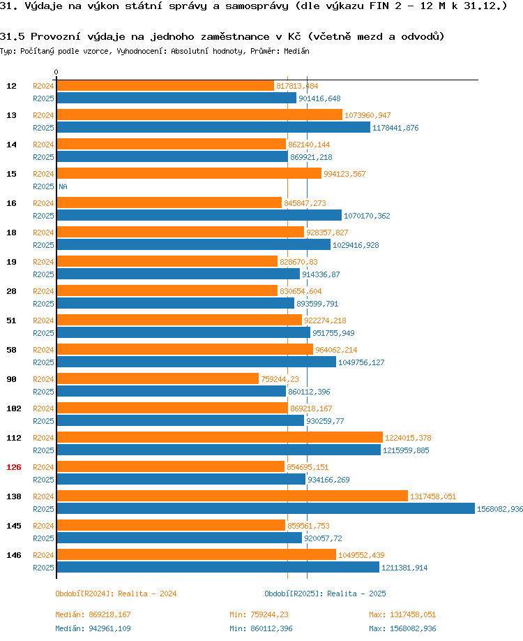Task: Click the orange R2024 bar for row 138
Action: coord(232,496)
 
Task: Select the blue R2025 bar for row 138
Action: coord(266,508)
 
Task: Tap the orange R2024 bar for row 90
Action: coord(158,378)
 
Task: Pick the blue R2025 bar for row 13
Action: coord(213,127)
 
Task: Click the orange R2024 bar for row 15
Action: coord(189,173)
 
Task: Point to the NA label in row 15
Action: coord(63,186)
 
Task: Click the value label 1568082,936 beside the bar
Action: coord(500,509)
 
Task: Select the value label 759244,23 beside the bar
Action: coord(280,379)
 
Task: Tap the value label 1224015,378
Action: coord(408,438)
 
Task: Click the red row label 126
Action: coord(13,467)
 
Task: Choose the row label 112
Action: coord(13,438)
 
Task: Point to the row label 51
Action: coord(11,320)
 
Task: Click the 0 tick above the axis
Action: coord(56,72)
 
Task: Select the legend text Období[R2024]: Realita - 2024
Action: coord(116,594)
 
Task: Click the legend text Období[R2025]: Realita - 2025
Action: coord(325,594)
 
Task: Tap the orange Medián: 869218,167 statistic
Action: coord(93,614)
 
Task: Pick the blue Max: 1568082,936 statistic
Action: coord(402,628)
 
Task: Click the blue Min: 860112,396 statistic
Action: coord(261,628)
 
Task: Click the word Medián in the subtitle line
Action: coord(296,51)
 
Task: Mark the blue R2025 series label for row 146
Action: coord(43,568)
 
